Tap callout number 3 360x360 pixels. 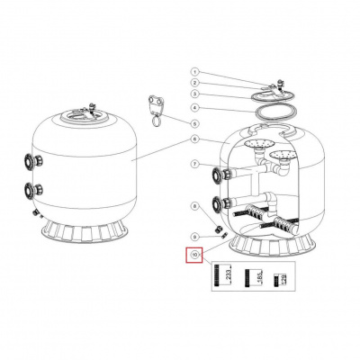coord(193,94)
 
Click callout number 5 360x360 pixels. coord(193,122)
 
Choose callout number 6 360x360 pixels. coord(193,139)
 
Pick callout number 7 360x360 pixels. coord(193,164)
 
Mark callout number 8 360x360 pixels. coord(193,207)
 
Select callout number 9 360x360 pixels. coord(193,236)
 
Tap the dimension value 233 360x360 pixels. coord(228,276)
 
